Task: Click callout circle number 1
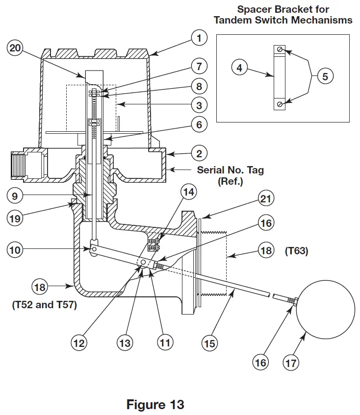(x=199, y=38)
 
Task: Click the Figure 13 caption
(x=155, y=405)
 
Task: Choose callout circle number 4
(x=239, y=68)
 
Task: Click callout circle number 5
(x=325, y=76)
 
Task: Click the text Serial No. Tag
(x=230, y=170)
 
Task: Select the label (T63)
(x=297, y=251)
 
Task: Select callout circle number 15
(x=210, y=343)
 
